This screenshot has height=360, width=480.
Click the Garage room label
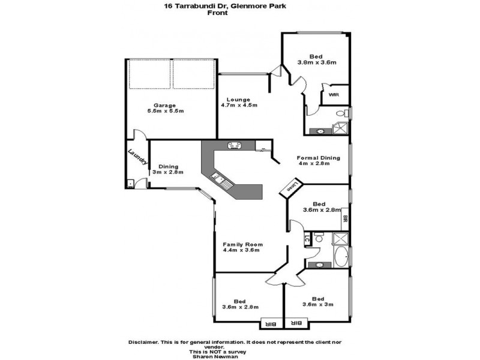tap(165, 108)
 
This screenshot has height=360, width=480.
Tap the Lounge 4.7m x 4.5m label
tap(242, 102)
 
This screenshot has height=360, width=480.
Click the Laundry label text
tap(137, 160)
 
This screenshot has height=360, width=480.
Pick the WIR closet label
tap(333, 95)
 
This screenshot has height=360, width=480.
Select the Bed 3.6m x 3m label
tap(317, 302)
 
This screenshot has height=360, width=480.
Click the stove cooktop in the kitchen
tap(234, 145)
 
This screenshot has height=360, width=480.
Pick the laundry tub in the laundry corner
tap(130, 184)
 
